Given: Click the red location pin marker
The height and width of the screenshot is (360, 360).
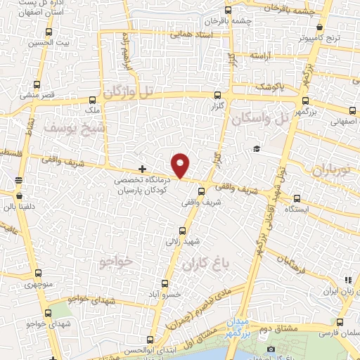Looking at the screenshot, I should [181, 166].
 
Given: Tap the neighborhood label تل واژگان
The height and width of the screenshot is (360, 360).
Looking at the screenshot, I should [127, 91].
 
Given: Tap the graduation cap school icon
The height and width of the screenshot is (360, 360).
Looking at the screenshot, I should [257, 148].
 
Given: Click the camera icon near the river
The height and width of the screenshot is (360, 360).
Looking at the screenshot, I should [271, 349].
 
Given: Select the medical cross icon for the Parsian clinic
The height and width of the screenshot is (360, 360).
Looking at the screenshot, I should [142, 169].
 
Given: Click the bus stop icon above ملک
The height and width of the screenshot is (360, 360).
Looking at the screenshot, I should [92, 101].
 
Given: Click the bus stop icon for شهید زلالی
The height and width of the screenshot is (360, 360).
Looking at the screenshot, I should [183, 230].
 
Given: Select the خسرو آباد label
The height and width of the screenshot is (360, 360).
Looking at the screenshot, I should [168, 295].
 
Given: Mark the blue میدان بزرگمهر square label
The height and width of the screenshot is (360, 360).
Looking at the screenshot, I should [237, 326].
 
